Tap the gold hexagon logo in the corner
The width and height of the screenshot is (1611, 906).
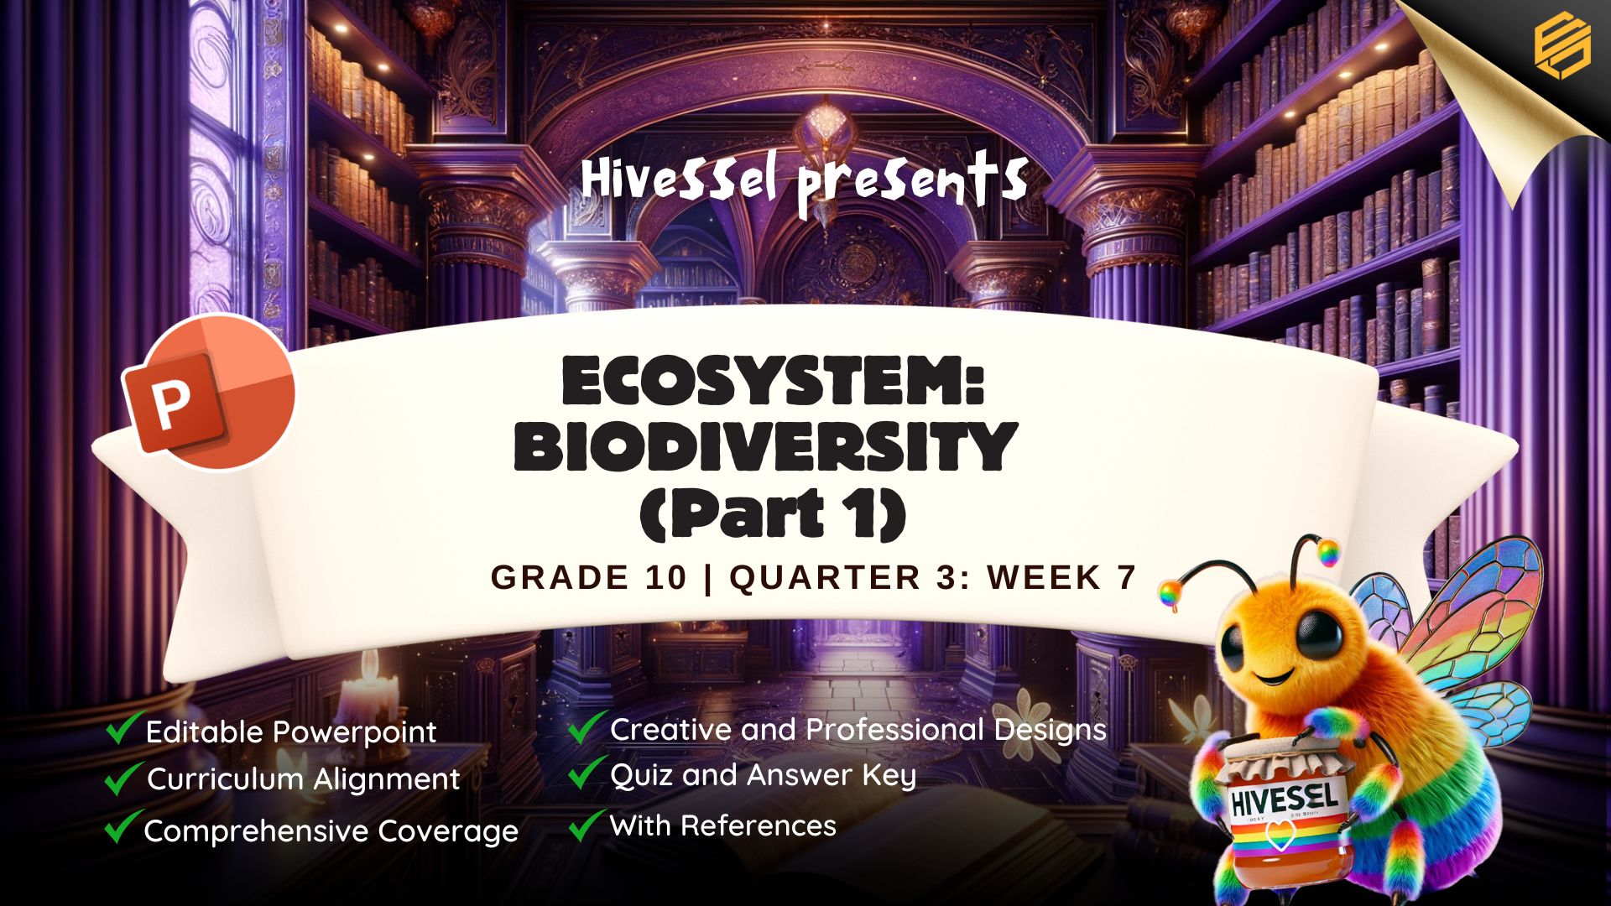coord(1561,47)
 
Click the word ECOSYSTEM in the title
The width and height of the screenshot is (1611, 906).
coord(773,382)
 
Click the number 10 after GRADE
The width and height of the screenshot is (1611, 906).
coord(666,577)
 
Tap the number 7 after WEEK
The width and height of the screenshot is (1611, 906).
coord(1126,577)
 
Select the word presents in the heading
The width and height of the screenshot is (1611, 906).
coord(913,185)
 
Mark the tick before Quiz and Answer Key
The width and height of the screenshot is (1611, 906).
coord(587,773)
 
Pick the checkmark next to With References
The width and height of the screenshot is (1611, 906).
coord(587,825)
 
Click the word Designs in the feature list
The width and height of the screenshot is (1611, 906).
coord(1051,731)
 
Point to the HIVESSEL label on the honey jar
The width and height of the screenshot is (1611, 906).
coord(1284,797)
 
